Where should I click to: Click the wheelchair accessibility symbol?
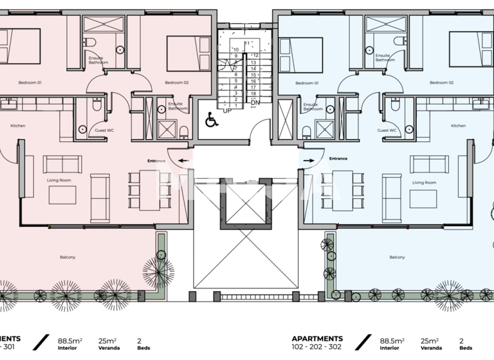[211, 119]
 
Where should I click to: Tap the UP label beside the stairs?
[226, 110]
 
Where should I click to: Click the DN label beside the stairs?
[255, 102]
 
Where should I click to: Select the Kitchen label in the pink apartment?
[18, 125]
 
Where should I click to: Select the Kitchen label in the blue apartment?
[458, 125]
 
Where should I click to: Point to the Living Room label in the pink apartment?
[58, 180]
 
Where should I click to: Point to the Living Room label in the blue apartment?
[424, 183]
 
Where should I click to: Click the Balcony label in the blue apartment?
[397, 257]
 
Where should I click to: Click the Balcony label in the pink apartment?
[68, 257]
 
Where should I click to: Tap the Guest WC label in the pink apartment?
[104, 130]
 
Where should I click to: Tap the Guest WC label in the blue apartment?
[386, 130]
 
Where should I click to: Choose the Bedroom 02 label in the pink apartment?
[176, 82]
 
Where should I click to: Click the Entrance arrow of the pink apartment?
[183, 161]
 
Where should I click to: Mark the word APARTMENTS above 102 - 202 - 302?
[317, 338]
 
